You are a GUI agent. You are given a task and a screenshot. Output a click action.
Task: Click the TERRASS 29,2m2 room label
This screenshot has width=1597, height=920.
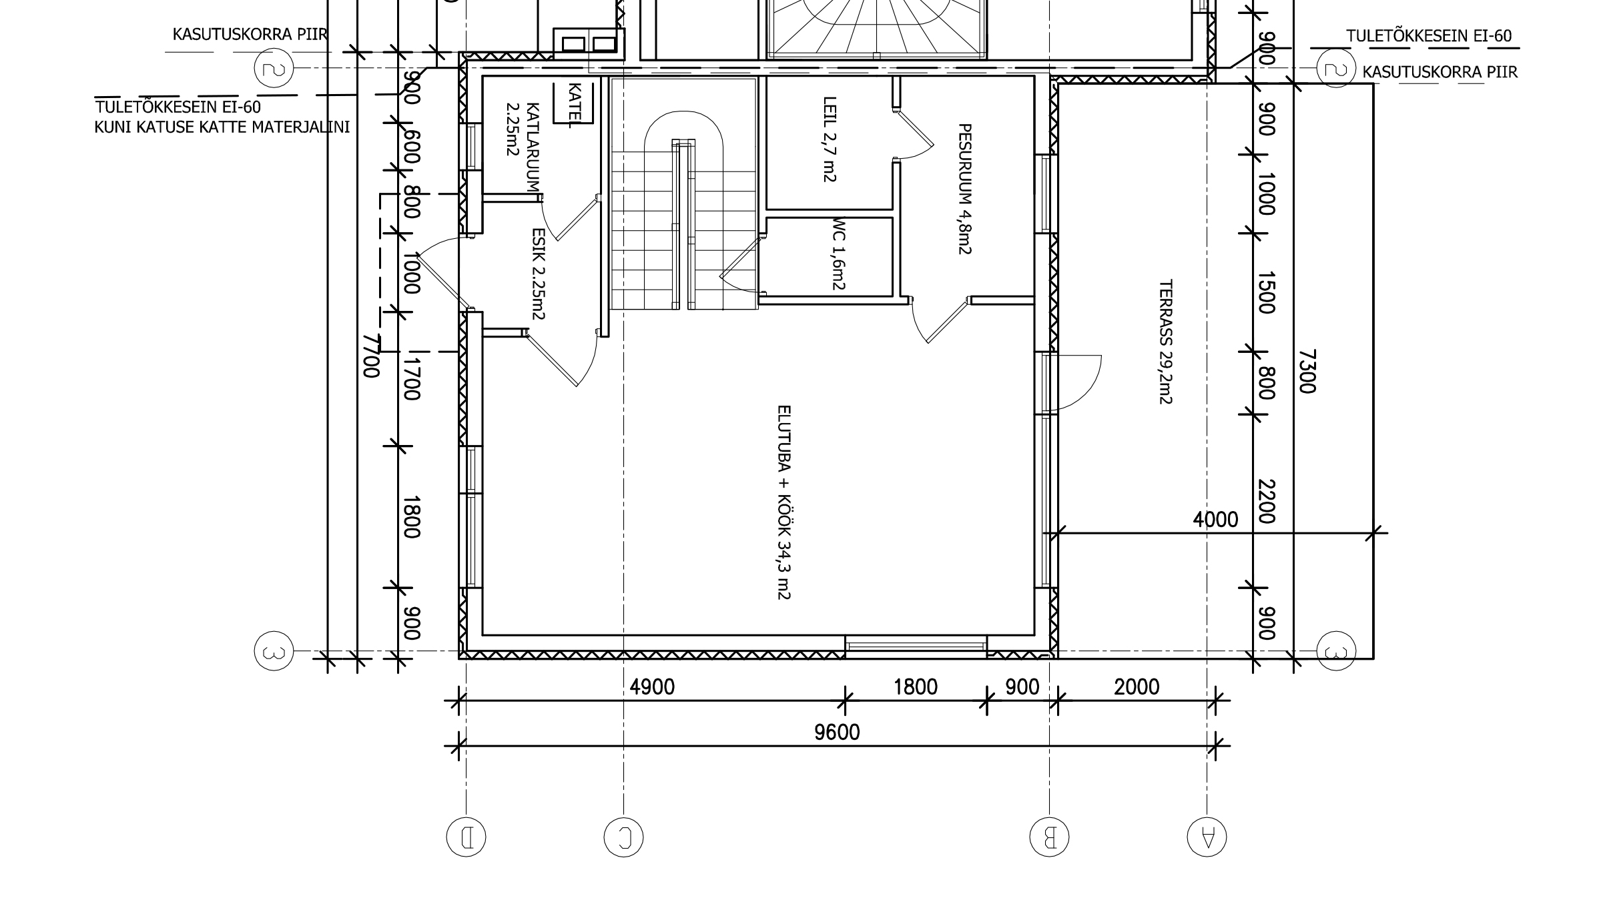(1166, 342)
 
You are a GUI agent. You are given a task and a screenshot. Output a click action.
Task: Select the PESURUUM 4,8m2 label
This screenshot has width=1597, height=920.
(964, 189)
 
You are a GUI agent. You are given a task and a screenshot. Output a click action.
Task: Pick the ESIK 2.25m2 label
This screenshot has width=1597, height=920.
(538, 274)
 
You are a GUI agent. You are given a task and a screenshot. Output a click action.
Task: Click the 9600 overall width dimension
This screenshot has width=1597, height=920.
(837, 733)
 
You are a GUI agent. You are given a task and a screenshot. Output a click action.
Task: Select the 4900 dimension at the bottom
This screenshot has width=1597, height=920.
(652, 686)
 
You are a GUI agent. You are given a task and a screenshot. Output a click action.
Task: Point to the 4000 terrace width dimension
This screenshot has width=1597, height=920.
(1215, 520)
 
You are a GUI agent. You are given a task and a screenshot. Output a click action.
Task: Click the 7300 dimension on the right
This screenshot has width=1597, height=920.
(1307, 372)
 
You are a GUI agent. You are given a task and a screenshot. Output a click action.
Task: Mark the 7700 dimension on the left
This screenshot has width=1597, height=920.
(371, 356)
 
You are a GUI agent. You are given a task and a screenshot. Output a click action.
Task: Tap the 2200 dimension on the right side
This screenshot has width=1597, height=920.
(1266, 502)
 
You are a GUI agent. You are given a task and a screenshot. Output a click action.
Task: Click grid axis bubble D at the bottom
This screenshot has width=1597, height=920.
(466, 837)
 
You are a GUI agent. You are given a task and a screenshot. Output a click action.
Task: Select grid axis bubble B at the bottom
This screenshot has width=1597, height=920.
(1049, 837)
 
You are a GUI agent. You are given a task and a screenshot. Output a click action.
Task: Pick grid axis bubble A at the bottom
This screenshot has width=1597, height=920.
(1207, 837)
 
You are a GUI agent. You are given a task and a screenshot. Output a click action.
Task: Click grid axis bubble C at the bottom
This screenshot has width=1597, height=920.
(623, 837)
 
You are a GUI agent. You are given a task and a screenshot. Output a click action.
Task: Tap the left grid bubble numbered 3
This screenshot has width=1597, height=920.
(274, 650)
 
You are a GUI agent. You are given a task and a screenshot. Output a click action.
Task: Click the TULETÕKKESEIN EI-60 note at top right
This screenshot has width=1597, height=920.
(1429, 36)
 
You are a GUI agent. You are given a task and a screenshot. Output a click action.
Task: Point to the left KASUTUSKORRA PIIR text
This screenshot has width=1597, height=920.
(250, 34)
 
